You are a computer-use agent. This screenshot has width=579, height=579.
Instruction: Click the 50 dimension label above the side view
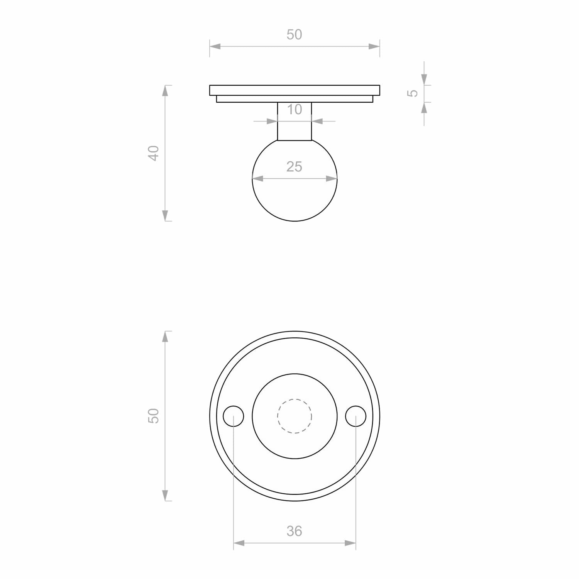point(294,35)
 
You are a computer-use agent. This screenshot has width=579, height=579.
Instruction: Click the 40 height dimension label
point(154,153)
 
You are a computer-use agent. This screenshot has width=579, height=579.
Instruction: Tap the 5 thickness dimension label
point(413,93)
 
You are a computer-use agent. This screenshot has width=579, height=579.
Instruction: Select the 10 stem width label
point(295,110)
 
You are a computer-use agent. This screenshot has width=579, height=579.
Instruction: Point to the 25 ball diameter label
point(294,167)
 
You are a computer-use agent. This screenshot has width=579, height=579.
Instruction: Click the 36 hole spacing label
point(294,531)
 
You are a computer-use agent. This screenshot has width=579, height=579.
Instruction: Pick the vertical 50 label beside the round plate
point(154,416)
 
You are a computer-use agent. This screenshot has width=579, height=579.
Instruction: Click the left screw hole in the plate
point(234,416)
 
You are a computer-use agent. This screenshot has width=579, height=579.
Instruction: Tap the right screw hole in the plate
point(356,416)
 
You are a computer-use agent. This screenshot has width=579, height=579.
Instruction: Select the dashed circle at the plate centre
point(295,399)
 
